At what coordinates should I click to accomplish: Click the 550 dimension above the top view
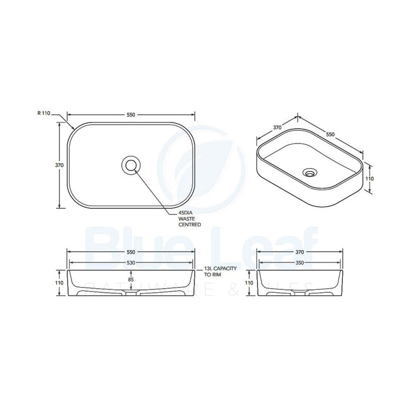131,115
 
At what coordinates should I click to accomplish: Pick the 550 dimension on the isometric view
330,134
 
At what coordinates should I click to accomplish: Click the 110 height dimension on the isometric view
370,178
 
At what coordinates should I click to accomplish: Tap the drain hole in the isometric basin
309,173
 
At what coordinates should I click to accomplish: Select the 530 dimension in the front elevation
131,264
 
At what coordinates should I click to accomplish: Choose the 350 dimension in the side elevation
299,264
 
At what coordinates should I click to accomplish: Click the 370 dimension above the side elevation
299,252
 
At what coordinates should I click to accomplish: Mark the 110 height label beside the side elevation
248,282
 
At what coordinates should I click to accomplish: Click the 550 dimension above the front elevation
131,252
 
